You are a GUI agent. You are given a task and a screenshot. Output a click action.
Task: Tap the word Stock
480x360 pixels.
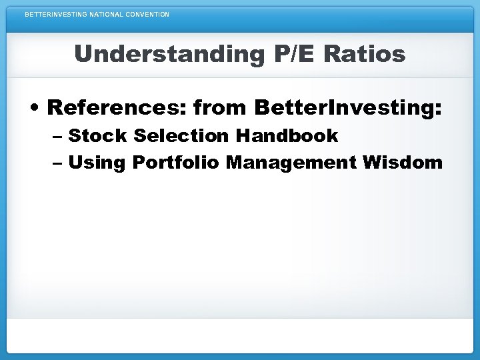pyautogui.click(x=97, y=136)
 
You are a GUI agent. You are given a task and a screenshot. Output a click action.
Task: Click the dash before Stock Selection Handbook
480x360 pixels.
pyautogui.click(x=57, y=137)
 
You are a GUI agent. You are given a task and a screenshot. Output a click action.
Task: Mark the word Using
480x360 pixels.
pyautogui.click(x=97, y=162)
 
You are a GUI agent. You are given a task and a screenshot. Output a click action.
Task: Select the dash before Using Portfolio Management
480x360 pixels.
pyautogui.click(x=57, y=163)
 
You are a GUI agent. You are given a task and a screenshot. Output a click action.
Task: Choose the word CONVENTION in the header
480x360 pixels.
pyautogui.click(x=147, y=14)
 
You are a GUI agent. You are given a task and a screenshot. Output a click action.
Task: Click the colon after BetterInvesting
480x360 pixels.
pyautogui.click(x=438, y=109)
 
